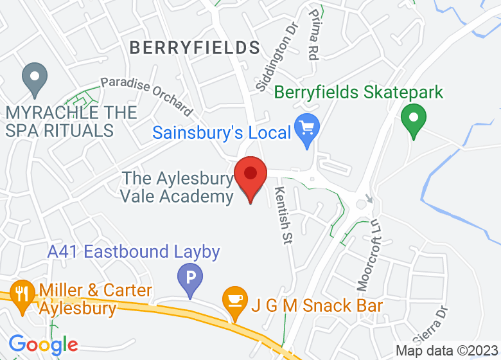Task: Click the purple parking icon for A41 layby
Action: point(190,279)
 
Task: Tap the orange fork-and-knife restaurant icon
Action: point(23,294)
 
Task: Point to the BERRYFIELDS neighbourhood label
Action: point(195,48)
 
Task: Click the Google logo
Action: point(44,345)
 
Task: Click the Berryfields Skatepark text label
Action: point(358,92)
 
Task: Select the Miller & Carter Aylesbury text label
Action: point(96,300)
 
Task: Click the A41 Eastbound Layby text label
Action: point(134,252)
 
